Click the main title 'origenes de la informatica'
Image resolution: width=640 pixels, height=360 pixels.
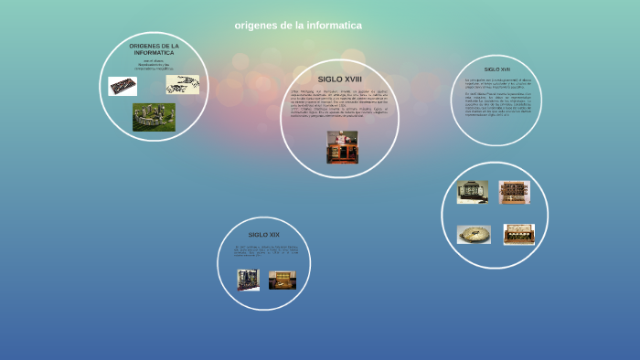tap(298, 26)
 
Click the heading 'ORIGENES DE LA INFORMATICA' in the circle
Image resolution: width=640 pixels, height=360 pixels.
tap(154, 49)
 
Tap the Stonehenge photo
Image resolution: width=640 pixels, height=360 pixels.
tap(154, 117)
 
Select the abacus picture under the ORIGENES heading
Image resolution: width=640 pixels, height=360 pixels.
tap(123, 86)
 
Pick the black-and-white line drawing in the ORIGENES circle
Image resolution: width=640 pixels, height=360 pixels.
tap(182, 84)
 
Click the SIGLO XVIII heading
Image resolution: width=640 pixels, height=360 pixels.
tap(340, 79)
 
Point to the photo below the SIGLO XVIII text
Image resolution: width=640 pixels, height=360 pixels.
tap(342, 147)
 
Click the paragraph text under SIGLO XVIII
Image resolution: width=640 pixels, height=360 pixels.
tap(340, 104)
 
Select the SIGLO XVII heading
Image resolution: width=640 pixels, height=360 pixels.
tap(497, 69)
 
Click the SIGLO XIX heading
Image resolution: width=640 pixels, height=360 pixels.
tap(264, 235)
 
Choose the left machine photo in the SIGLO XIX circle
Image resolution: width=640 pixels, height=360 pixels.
tap(248, 281)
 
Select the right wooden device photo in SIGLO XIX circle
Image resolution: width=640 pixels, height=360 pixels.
tap(283, 281)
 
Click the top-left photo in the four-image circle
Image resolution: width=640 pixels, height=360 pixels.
tap(473, 192)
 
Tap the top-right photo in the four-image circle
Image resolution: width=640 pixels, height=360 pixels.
tap(515, 192)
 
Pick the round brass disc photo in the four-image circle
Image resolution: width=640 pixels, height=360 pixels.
tap(474, 235)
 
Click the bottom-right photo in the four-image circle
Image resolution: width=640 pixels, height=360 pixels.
tap(518, 235)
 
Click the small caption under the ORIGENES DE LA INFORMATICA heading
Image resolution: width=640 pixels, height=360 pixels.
tap(154, 64)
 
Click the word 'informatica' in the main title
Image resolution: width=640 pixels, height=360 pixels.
tap(328, 26)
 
